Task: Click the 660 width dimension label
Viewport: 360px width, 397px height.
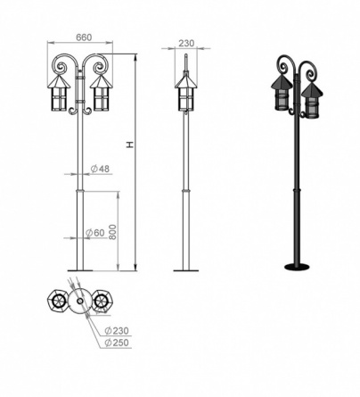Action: pyautogui.click(x=85, y=37)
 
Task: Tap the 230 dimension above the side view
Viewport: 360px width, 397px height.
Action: pyautogui.click(x=186, y=43)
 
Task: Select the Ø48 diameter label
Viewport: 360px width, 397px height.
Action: pyautogui.click(x=100, y=169)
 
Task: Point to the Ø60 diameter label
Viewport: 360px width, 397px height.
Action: pyautogui.click(x=95, y=233)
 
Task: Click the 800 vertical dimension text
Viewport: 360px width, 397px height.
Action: pyautogui.click(x=113, y=232)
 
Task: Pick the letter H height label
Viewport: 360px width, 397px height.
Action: pyautogui.click(x=130, y=145)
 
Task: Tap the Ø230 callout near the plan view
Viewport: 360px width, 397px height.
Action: pyautogui.click(x=117, y=331)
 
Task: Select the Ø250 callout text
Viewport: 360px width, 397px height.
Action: pyautogui.click(x=117, y=343)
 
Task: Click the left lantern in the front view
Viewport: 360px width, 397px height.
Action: pyautogui.click(x=59, y=93)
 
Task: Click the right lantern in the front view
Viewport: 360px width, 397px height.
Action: pyautogui.click(x=102, y=93)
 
